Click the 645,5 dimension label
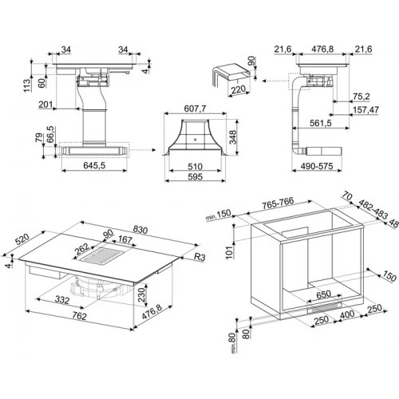pos(94,165)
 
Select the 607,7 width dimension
pos(196,109)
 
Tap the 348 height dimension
pos(233,136)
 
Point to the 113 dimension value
pos(27,85)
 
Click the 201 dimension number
pos(45,105)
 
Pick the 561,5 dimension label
pos(321,123)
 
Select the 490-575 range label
pos(317,166)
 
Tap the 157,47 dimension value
pos(365,110)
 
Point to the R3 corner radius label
pos(199,257)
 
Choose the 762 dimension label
pos(80,316)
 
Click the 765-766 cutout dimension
pos(278,203)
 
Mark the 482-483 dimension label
pos(373,209)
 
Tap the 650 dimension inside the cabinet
pos(324,294)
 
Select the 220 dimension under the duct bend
pos(239,89)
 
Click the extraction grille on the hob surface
pos(101,257)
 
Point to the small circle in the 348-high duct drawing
pos(195,139)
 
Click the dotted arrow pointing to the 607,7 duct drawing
pos(142,150)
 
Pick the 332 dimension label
pos(62,300)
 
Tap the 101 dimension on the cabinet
pos(229,251)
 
